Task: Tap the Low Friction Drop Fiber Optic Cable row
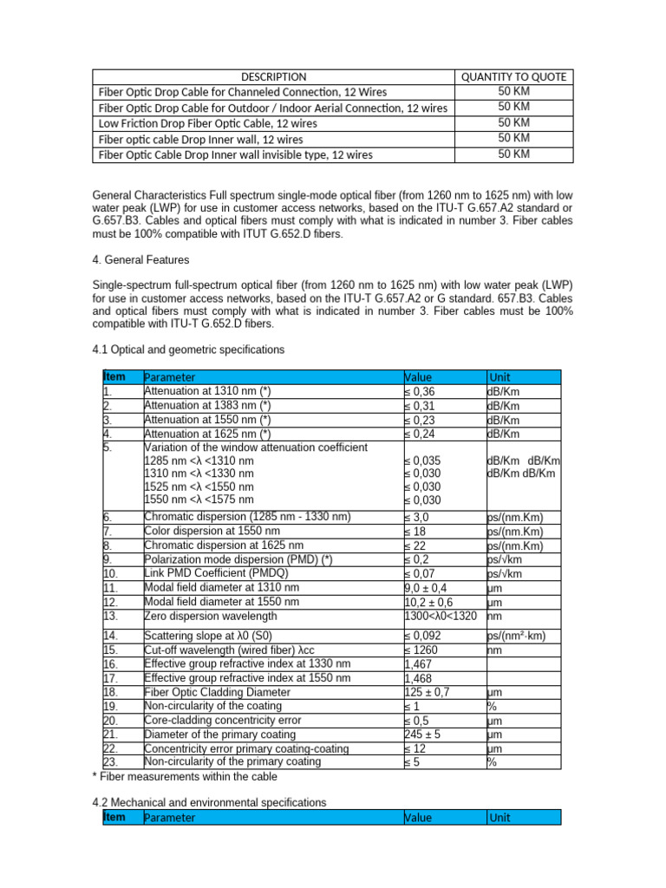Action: tap(208, 123)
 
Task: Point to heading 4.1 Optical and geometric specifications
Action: tap(188, 349)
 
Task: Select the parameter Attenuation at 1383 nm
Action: tap(207, 405)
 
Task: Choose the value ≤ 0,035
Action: tap(425, 460)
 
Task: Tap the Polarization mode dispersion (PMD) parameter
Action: tap(238, 559)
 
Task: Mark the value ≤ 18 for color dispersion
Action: tap(418, 531)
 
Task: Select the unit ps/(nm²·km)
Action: tap(521, 636)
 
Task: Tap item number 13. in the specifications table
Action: tap(111, 616)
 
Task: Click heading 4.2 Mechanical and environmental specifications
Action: tap(209, 803)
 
